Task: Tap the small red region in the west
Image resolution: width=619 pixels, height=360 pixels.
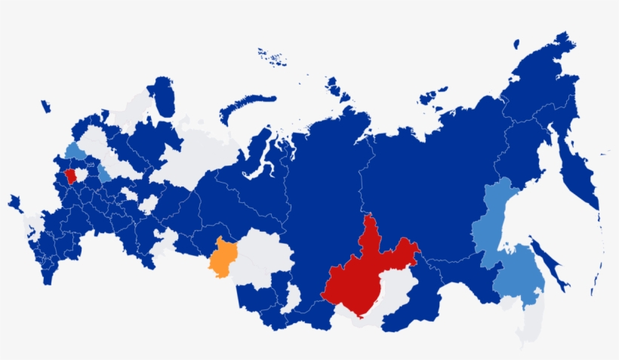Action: tap(69, 176)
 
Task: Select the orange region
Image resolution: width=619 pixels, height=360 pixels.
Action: tap(222, 257)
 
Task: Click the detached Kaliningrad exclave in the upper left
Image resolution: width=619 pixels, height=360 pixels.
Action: tap(45, 106)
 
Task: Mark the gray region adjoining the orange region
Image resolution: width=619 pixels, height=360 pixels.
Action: tap(260, 257)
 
